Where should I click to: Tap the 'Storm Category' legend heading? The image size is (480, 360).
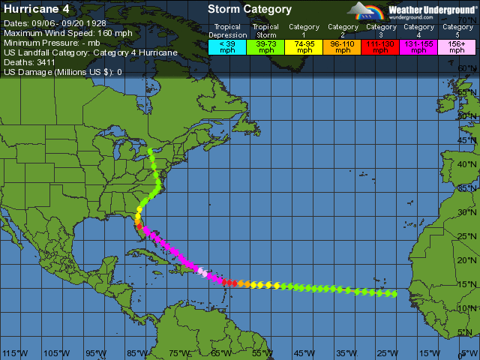(x=250, y=10)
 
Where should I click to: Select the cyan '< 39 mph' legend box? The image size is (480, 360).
(x=226, y=46)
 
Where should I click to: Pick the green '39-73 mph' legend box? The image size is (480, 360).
(x=265, y=46)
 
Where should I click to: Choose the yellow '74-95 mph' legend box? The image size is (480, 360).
(x=304, y=46)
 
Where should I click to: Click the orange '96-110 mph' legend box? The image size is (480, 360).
(x=343, y=46)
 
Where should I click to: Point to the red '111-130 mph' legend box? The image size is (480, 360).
(x=381, y=46)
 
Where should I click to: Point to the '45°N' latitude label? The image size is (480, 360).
(x=467, y=141)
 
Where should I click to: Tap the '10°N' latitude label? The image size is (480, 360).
(x=467, y=308)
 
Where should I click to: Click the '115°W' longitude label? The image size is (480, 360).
(x=15, y=353)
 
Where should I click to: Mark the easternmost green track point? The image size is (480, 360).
(x=395, y=294)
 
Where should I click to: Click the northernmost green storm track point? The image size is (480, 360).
(x=151, y=151)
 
